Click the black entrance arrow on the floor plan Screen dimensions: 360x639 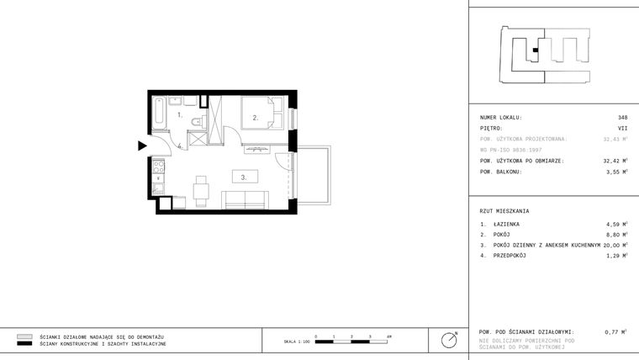pyautogui.click(x=142, y=146)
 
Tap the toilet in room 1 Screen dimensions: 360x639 pyautogui.click(x=195, y=124)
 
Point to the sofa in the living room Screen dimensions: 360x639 pyautogui.click(x=244, y=199)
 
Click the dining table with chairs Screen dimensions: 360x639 pyautogui.click(x=200, y=189)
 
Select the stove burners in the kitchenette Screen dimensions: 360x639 pyautogui.click(x=157, y=165)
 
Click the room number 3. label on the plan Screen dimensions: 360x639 pyautogui.click(x=243, y=177)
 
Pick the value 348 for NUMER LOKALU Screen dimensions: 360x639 pyautogui.click(x=622, y=118)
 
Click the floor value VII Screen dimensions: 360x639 pyautogui.click(x=622, y=129)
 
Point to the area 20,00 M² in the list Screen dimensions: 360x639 pyautogui.click(x=615, y=245)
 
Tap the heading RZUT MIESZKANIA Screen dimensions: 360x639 pyautogui.click(x=504, y=210)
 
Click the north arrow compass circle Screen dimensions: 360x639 pyautogui.click(x=451, y=340)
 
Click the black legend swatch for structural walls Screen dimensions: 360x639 pyautogui.click(x=24, y=344)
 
